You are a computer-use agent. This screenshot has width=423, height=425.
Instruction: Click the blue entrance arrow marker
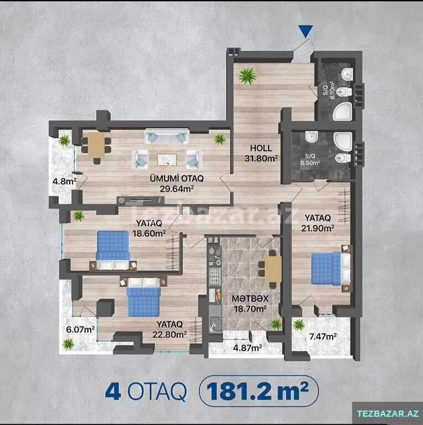[x=306, y=31]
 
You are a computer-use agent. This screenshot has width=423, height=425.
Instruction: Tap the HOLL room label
[x=261, y=148]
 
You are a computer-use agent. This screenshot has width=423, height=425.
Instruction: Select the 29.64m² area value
[x=177, y=189]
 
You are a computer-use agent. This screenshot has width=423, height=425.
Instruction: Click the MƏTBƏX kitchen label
[x=250, y=298]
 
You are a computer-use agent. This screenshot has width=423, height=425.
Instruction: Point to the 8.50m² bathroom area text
[x=310, y=163]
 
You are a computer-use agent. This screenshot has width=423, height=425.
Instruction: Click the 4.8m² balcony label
[x=64, y=181]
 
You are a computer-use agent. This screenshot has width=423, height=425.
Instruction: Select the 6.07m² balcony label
[x=80, y=330]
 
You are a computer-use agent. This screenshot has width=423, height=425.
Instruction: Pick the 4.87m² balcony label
[x=247, y=348]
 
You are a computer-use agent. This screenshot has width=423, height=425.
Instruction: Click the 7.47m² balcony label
[x=323, y=336]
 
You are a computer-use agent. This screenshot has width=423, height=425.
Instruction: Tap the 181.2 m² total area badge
[x=259, y=391]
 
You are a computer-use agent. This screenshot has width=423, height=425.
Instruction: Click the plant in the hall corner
[x=247, y=76]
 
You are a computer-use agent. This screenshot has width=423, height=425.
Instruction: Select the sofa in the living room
[x=167, y=136]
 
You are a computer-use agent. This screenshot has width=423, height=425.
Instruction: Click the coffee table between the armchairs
[x=167, y=159]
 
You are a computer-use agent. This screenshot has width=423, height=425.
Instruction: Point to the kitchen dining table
[x=273, y=269]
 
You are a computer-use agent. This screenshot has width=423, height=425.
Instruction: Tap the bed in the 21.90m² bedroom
[x=331, y=268]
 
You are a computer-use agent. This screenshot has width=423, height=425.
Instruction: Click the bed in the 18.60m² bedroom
[x=113, y=250]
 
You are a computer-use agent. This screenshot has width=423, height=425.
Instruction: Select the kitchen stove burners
[x=214, y=277]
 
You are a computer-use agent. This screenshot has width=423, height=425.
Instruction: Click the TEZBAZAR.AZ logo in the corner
[x=388, y=413]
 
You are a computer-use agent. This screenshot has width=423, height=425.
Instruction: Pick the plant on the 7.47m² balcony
[x=299, y=324]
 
